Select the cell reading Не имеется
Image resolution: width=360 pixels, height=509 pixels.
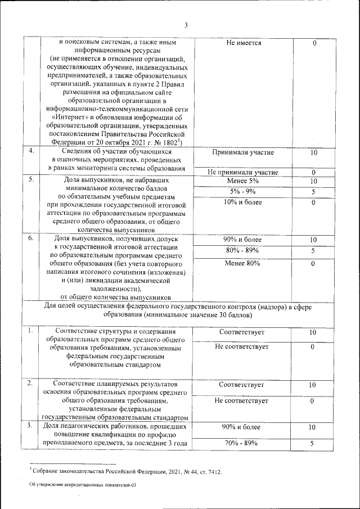243,43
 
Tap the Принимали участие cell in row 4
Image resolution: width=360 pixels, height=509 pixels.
243,153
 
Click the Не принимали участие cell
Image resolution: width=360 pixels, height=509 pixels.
243,172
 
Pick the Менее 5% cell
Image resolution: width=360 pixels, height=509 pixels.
243,181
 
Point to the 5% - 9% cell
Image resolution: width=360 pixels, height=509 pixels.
243,192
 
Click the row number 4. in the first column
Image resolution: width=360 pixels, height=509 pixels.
32,151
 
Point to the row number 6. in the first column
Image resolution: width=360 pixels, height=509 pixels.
32,238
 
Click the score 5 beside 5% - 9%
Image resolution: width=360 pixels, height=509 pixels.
314,192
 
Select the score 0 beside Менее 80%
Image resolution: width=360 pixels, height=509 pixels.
314,263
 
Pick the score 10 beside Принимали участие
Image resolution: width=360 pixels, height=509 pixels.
314,153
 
